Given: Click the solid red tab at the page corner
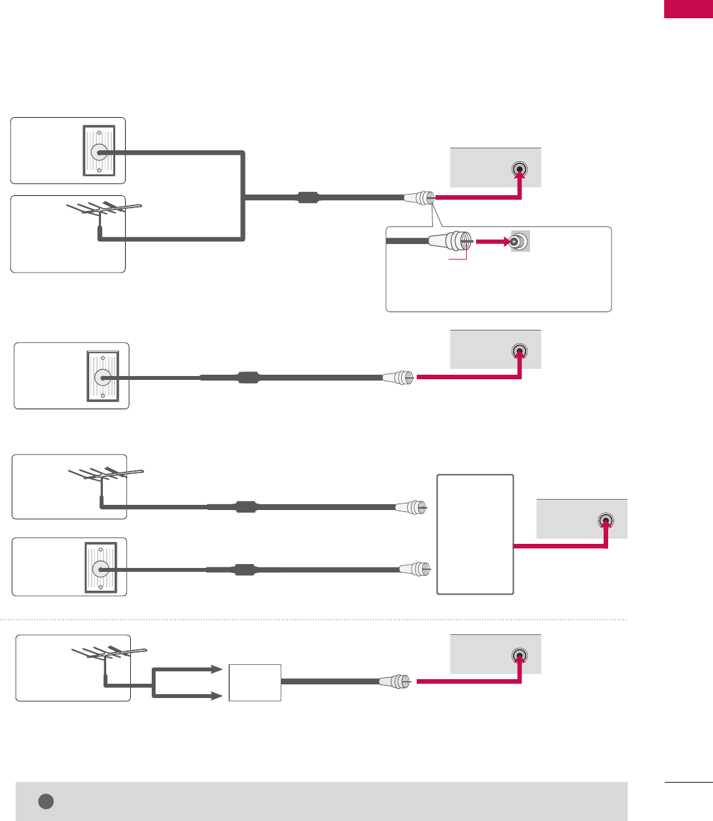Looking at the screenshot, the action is tap(688, 9).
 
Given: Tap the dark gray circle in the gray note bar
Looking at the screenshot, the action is tap(46, 801).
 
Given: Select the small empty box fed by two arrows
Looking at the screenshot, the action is tap(255, 682).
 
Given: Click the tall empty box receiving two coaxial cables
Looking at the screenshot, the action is tap(475, 534).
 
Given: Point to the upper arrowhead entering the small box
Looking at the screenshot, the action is tap(217, 669).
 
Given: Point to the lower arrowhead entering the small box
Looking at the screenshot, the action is tap(217, 696).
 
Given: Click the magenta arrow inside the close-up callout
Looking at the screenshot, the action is tap(492, 242).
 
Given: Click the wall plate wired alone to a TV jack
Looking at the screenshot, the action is tap(103, 377).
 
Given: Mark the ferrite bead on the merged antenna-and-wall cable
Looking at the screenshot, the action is tap(307, 197).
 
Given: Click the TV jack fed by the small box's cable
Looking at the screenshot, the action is tap(520, 655).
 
